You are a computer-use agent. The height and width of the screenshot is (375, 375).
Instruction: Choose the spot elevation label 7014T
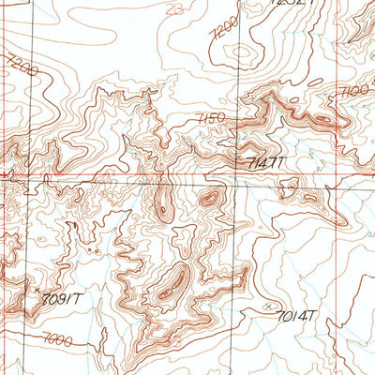point(298,315)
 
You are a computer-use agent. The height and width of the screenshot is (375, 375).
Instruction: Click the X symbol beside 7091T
point(38,292)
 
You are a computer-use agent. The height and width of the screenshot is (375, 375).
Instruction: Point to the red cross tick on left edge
point(7,174)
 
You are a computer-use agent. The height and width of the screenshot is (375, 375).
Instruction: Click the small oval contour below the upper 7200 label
point(241,53)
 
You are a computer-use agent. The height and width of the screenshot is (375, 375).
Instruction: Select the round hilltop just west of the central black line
point(210,198)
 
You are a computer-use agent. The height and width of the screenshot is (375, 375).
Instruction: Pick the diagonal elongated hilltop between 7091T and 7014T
point(171,285)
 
